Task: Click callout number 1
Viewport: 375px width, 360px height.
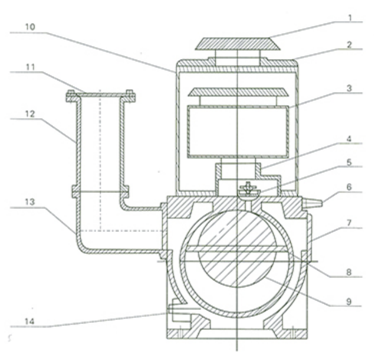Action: tap(350, 18)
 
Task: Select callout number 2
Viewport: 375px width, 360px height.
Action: tap(350, 45)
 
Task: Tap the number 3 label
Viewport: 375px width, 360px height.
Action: tap(350, 89)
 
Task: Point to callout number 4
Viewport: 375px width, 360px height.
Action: tap(350, 139)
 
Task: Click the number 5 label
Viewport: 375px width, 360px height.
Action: tap(350, 162)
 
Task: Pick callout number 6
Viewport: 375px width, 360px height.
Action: tap(350, 187)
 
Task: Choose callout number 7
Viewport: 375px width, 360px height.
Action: tap(350, 223)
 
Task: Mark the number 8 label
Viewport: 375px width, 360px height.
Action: tap(350, 272)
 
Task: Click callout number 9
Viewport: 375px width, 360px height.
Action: tap(350, 302)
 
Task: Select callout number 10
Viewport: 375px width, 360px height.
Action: tap(31, 27)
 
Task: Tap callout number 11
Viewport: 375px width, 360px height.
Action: tap(31, 67)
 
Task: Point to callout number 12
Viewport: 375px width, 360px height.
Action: tap(31, 114)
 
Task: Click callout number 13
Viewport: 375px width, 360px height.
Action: tap(31, 202)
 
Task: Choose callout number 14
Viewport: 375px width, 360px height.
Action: tap(30, 322)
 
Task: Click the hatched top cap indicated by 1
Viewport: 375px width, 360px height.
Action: tap(238, 44)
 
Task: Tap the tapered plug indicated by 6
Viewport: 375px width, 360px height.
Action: tap(312, 203)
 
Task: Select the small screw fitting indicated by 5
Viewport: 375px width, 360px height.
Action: tap(249, 189)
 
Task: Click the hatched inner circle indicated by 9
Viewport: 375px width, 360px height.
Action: tap(237, 249)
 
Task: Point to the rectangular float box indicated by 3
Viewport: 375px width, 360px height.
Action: tap(238, 132)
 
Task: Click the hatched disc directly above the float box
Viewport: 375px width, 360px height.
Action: tap(238, 92)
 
